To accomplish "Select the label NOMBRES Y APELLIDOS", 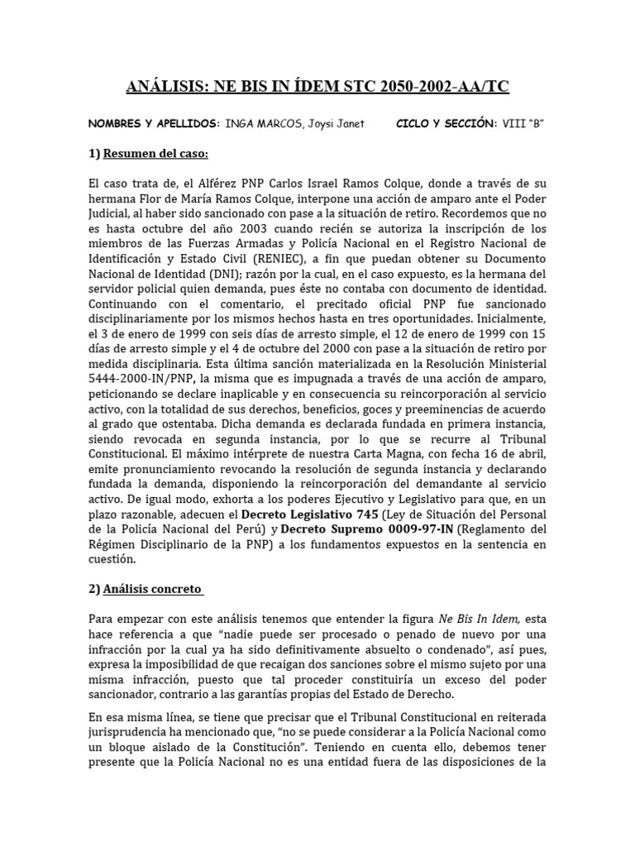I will [150, 124].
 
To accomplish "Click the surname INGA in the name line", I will [239, 124].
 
